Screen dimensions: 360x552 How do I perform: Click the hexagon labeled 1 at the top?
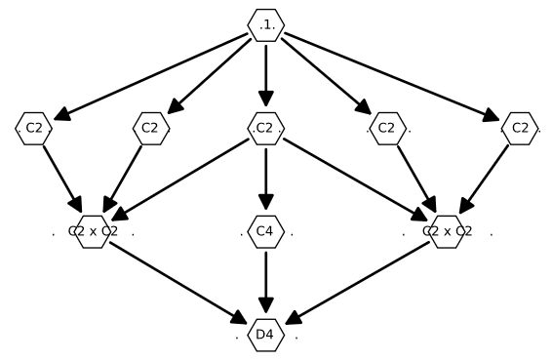[265, 24]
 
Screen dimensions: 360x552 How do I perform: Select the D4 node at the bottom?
[265, 336]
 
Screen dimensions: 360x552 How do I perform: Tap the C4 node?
[265, 232]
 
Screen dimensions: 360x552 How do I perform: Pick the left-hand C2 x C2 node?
[93, 232]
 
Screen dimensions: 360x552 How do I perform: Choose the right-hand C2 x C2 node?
[447, 232]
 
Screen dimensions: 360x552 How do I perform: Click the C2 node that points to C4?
[265, 128]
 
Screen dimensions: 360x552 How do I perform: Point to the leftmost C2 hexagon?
[33, 128]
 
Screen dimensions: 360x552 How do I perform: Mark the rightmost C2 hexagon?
[520, 128]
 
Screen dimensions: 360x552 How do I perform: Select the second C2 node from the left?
[150, 128]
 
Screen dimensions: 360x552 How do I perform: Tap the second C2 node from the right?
[387, 128]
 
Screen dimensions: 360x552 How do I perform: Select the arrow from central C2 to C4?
[265, 180]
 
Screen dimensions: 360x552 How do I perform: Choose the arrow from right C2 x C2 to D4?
[356, 283]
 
